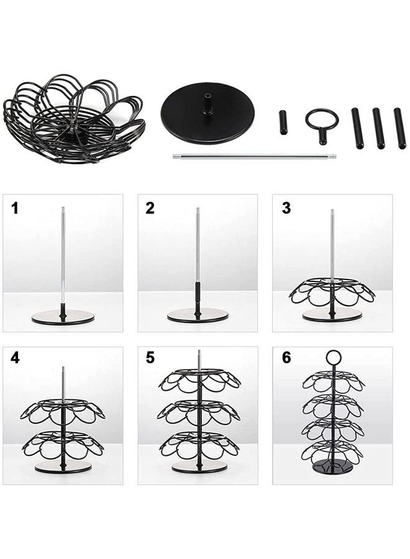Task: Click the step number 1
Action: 15,208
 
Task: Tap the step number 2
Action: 150,208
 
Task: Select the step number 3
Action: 286,208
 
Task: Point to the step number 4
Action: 15,358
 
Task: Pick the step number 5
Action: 150,358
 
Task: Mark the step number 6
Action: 286,358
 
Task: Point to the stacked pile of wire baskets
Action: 73,118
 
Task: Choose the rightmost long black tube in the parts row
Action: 399,128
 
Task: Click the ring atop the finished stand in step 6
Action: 334,357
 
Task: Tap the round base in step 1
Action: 63,317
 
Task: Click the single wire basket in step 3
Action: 332,291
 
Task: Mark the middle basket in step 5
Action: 198,412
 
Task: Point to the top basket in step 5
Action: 198,379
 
